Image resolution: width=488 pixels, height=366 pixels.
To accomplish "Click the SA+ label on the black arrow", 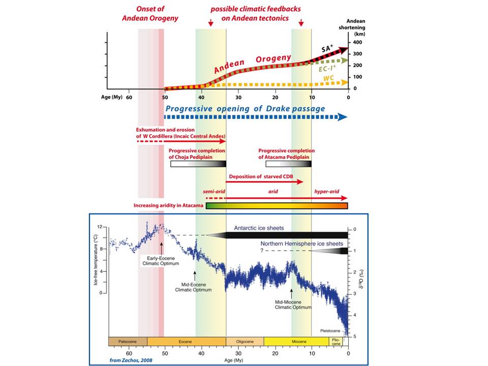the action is pyautogui.click(x=327, y=48).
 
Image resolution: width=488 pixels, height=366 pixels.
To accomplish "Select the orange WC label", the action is pyautogui.click(x=328, y=78).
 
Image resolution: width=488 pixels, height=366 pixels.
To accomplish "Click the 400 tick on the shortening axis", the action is pyautogui.click(x=357, y=42).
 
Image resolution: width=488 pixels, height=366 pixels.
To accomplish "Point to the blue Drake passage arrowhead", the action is pyautogui.click(x=342, y=117).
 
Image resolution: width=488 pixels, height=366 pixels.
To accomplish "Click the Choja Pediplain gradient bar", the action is pyautogui.click(x=198, y=164).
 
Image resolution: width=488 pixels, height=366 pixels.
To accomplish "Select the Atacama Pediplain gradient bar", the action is pyautogui.click(x=289, y=164).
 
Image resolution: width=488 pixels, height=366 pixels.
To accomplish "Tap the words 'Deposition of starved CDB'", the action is pyautogui.click(x=261, y=176).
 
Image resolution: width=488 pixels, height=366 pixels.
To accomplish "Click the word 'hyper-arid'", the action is pyautogui.click(x=326, y=192).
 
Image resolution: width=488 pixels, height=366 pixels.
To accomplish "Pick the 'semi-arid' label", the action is pyautogui.click(x=214, y=192).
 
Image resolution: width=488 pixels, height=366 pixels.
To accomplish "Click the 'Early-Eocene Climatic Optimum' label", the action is pyautogui.click(x=161, y=261).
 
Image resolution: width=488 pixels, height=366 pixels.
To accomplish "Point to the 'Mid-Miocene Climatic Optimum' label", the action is pyautogui.click(x=293, y=304).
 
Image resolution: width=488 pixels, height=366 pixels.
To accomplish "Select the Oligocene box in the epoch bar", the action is pyautogui.click(x=245, y=342).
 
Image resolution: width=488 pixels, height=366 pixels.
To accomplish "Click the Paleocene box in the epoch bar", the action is pyautogui.click(x=128, y=342).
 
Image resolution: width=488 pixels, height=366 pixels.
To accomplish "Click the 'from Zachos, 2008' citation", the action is pyautogui.click(x=131, y=360).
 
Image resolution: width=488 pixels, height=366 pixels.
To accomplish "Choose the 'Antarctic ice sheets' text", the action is pyautogui.click(x=259, y=228).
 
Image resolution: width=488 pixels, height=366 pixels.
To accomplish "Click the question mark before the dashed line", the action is pyautogui.click(x=262, y=251).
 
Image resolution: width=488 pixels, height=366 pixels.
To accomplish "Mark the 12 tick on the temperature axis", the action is pyautogui.click(x=100, y=227).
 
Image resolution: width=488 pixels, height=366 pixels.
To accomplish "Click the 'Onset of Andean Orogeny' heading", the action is pyautogui.click(x=150, y=13).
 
